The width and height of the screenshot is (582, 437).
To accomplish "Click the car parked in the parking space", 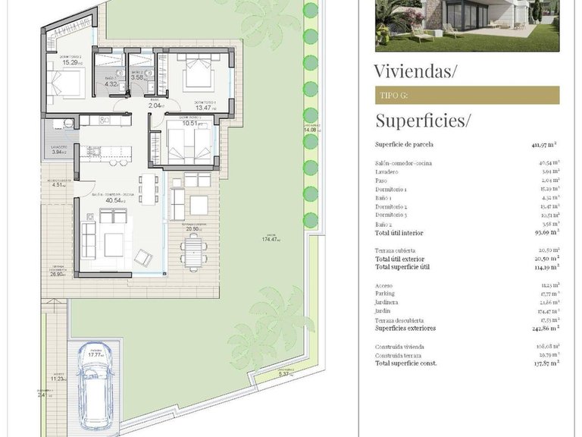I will pos(95,391).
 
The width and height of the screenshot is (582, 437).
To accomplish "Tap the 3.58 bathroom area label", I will pos(137,77).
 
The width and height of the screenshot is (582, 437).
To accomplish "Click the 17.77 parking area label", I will pos(95,354).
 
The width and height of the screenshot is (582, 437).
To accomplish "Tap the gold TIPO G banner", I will pos(467,95).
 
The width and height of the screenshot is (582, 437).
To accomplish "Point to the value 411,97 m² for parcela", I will pos(544,144).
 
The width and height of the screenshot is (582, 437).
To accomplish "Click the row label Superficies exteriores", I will pos(405,329).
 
